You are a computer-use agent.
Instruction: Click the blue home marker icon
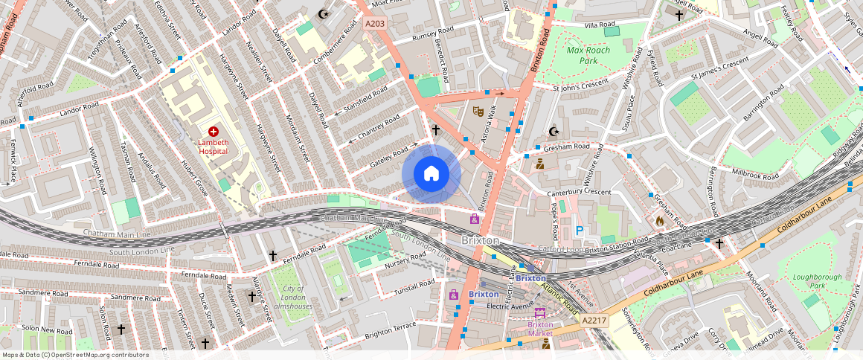click(431, 174)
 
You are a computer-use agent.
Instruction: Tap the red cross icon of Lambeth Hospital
click(213, 131)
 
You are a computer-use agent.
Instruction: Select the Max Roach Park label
click(588, 55)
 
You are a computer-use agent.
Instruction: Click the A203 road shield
click(375, 24)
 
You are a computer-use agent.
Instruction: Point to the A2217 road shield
click(594, 320)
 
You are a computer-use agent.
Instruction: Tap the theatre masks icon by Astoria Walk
click(479, 112)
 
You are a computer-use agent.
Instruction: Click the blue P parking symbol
click(580, 231)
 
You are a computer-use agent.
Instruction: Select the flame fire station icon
click(658, 220)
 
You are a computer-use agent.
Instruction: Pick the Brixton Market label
click(540, 329)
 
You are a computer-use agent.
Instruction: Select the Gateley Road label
click(380, 157)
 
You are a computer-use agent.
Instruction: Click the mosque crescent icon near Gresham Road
click(553, 132)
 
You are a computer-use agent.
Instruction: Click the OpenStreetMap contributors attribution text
click(76, 355)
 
